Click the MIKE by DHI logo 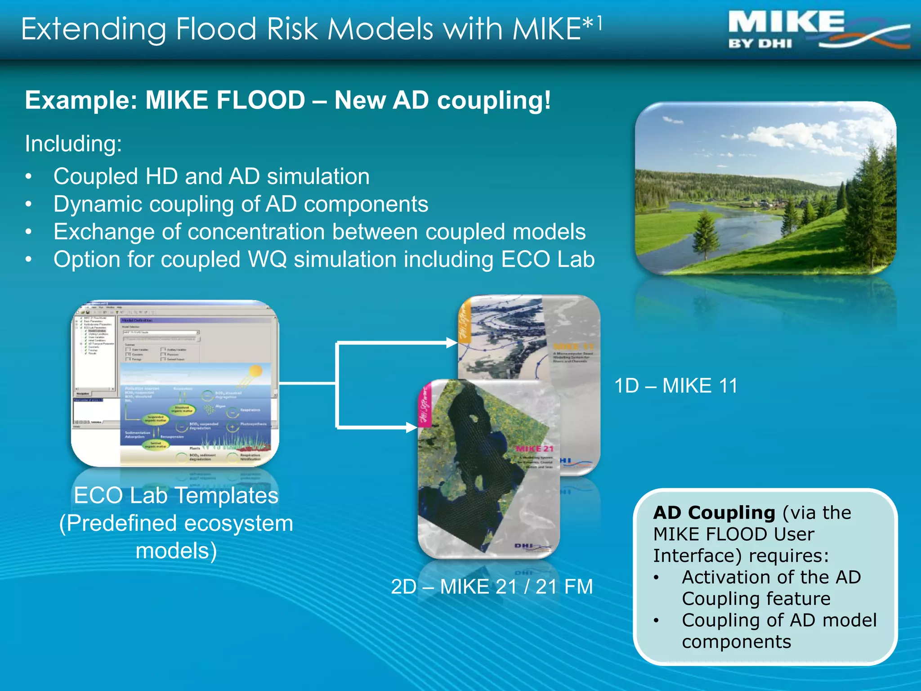pos(816,31)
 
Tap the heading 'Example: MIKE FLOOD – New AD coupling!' pos(288,100)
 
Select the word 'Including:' pos(73,144)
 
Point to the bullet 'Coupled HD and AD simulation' pos(211,176)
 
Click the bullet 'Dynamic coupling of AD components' pos(241,204)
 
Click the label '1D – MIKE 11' pos(676,386)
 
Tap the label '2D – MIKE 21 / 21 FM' pos(492,587)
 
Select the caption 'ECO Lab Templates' pos(176,496)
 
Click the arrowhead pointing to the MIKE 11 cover pos(452,343)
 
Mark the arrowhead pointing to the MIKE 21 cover pos(411,427)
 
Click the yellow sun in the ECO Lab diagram pos(255,371)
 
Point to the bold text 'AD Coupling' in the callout pos(714,513)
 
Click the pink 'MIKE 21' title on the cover pos(534,449)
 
